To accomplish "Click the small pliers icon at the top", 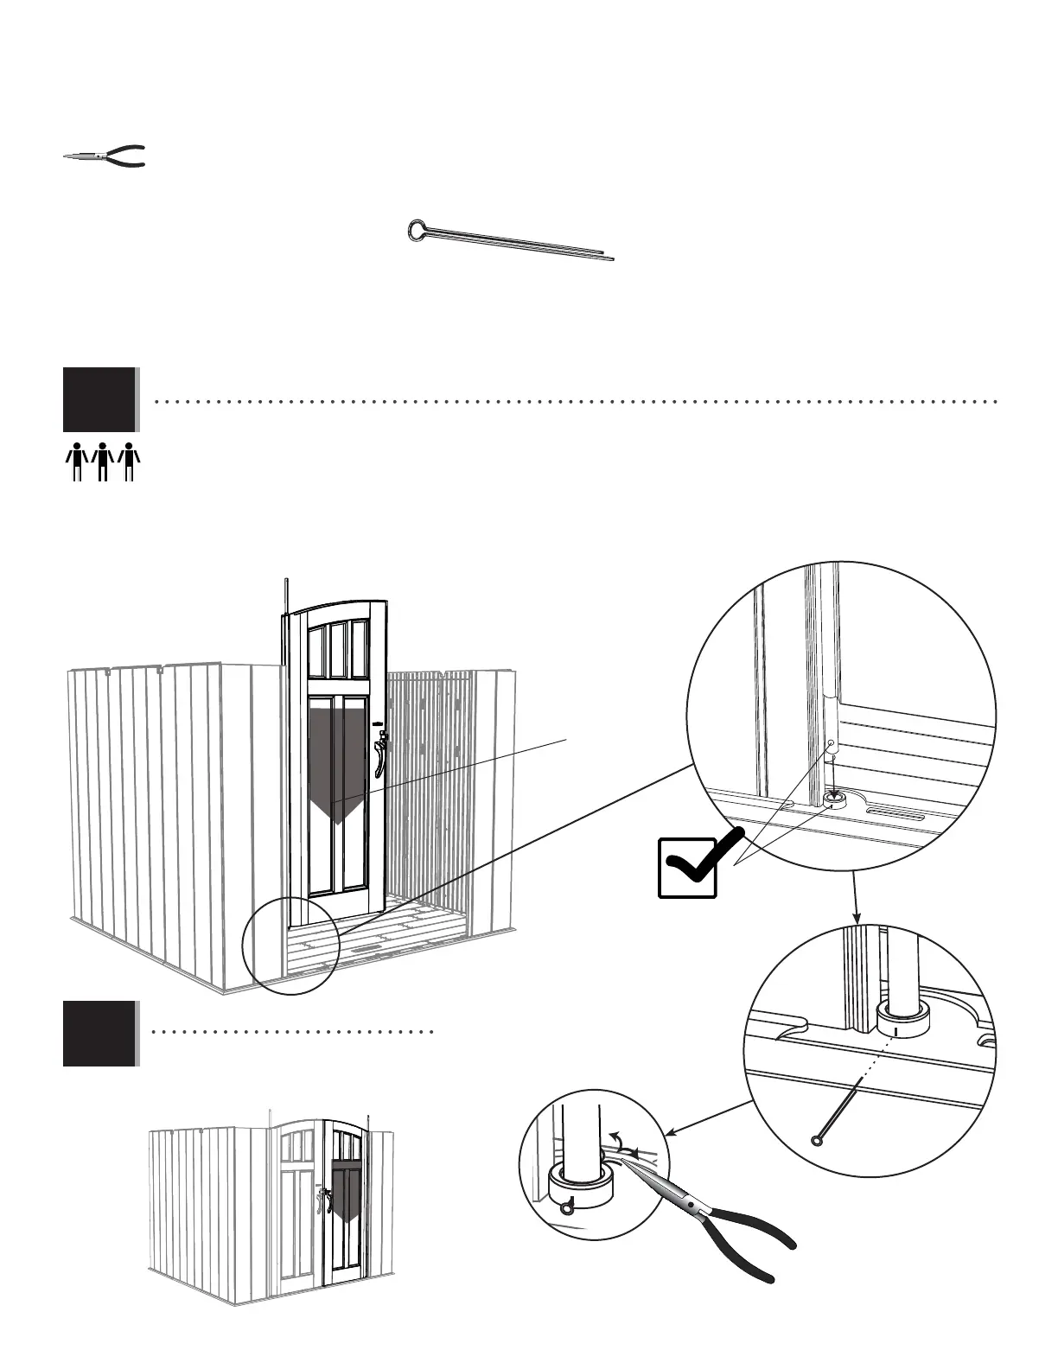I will click(105, 156).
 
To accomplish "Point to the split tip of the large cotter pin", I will click(609, 257).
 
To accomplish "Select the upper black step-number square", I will click(99, 399).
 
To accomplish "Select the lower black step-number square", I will click(99, 1033).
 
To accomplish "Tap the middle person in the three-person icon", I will click(103, 461).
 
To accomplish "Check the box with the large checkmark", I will click(688, 867).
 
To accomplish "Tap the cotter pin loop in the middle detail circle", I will click(817, 1141).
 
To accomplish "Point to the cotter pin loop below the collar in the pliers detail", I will click(565, 1208).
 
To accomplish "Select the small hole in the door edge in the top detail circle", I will click(831, 742).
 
